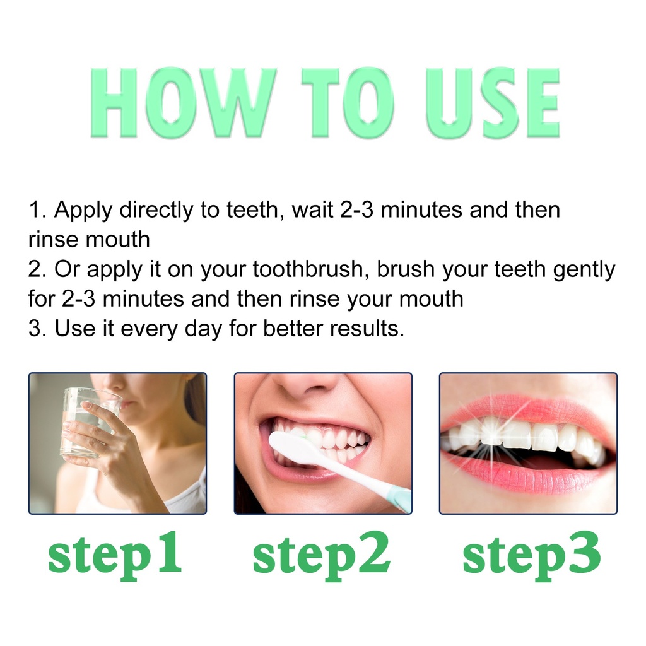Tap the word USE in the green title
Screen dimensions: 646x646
tap(493, 103)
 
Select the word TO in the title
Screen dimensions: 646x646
tap(348, 103)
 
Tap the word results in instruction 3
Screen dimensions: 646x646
tap(367, 329)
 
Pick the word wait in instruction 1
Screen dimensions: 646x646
tap(313, 210)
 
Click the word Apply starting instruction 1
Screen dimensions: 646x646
tap(83, 211)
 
